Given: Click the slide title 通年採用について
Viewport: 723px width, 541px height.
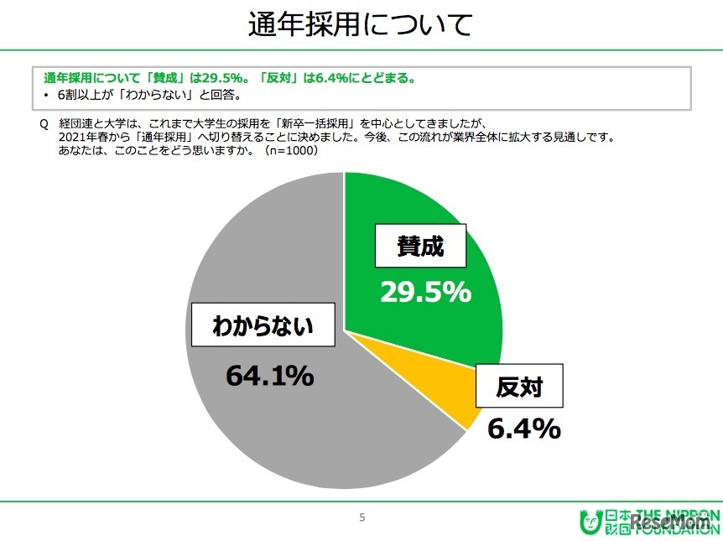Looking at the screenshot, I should pyautogui.click(x=361, y=25).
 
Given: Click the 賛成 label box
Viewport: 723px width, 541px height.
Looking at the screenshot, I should pyautogui.click(x=419, y=247).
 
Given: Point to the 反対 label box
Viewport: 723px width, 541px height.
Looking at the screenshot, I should pyautogui.click(x=519, y=387).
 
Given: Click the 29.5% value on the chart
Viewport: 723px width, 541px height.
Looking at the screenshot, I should pyautogui.click(x=425, y=292).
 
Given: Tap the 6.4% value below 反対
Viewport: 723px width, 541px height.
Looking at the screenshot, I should pyautogui.click(x=524, y=429).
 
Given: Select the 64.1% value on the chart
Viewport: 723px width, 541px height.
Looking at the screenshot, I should pyautogui.click(x=269, y=376).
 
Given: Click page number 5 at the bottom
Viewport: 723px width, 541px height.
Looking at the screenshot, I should pyautogui.click(x=362, y=518).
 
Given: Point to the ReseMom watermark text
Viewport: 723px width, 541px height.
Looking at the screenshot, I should pyautogui.click(x=671, y=523).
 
